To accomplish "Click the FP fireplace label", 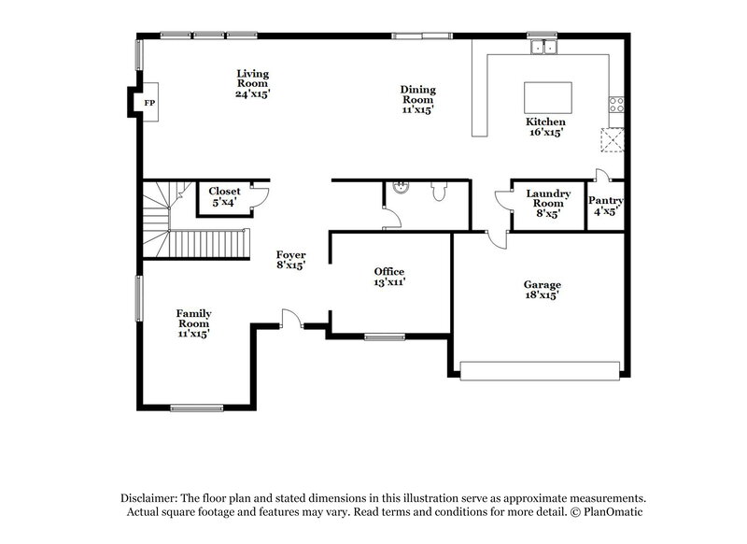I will (148, 103).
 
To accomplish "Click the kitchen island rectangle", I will (546, 97).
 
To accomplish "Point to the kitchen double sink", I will (542, 46).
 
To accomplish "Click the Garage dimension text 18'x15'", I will (541, 295).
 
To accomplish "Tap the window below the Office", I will (384, 336).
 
